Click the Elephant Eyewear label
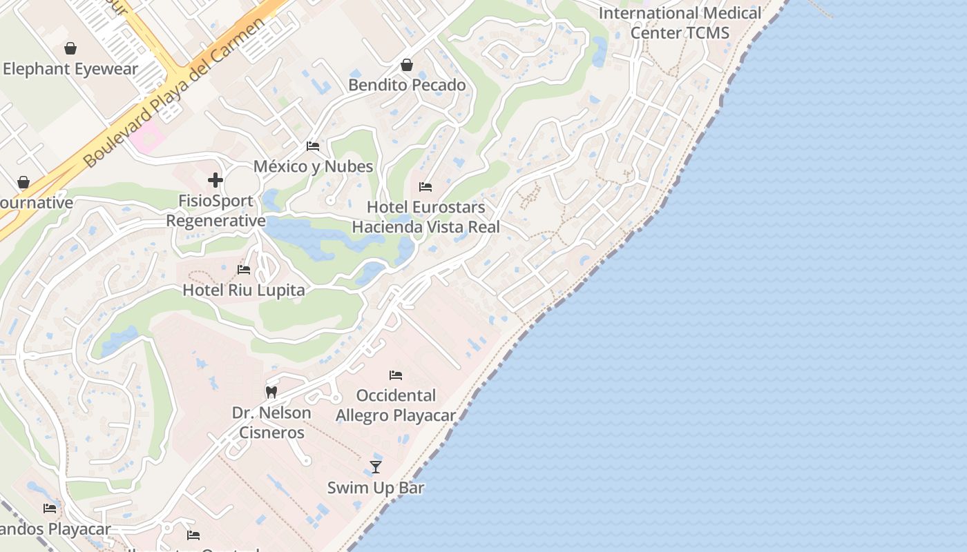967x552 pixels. tap(70, 69)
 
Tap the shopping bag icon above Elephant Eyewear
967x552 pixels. tap(70, 48)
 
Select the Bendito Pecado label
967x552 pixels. tap(407, 85)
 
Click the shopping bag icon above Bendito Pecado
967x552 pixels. tap(407, 65)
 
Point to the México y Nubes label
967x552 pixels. tap(313, 166)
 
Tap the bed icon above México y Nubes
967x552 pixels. tap(313, 146)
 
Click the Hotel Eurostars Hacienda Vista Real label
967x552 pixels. tap(425, 217)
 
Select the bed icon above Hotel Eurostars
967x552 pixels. tap(425, 187)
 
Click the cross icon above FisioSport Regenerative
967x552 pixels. tap(216, 180)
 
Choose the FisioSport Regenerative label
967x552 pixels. tap(216, 210)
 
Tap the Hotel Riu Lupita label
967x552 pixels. tap(244, 290)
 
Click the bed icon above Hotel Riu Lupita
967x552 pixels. tap(244, 270)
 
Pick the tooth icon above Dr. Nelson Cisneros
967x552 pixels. tap(271, 392)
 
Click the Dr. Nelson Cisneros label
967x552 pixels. tap(271, 422)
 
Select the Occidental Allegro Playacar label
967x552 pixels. tap(396, 405)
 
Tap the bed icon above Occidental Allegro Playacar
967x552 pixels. tap(396, 375)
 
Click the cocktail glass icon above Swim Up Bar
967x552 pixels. tap(376, 467)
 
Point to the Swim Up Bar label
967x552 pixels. tap(376, 487)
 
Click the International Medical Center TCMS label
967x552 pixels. tap(680, 22)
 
